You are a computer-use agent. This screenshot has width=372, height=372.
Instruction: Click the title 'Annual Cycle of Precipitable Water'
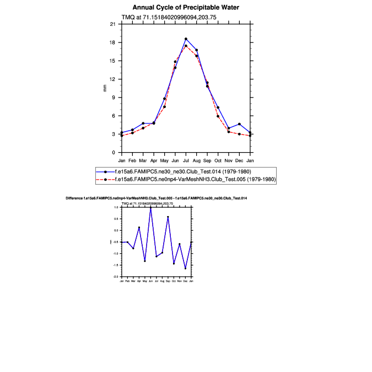(x=186, y=8)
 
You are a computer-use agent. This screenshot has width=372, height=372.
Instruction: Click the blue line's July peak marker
(x=186, y=39)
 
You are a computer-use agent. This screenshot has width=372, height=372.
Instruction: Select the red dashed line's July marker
(x=186, y=46)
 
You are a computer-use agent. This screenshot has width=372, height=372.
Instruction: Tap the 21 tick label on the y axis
(x=113, y=24)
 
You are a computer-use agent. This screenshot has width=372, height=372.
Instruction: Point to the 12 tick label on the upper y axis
(x=113, y=79)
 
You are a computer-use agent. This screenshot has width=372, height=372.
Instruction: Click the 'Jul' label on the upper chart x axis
(x=186, y=160)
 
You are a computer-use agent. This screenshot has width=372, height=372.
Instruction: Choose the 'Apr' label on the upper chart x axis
(x=154, y=160)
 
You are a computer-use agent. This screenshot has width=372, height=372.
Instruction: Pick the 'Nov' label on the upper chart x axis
(x=229, y=160)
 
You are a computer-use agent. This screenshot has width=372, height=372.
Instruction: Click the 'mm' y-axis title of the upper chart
(x=105, y=88)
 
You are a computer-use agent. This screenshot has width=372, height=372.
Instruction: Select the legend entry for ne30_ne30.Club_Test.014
(x=182, y=171)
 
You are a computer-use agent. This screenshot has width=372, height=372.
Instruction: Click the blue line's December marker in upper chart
(x=239, y=124)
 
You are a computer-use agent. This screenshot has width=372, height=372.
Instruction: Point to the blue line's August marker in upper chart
(x=197, y=50)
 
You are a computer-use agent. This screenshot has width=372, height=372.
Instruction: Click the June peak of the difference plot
(x=150, y=208)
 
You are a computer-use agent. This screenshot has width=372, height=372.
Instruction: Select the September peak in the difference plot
(x=168, y=217)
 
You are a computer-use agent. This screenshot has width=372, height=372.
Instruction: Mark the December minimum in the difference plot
(x=185, y=268)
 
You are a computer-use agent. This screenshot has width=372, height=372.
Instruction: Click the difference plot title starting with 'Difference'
(x=156, y=197)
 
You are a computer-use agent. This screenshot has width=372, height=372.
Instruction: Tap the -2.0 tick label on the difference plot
(x=116, y=276)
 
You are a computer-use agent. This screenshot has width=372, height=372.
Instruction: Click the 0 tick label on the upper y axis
(x=114, y=153)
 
